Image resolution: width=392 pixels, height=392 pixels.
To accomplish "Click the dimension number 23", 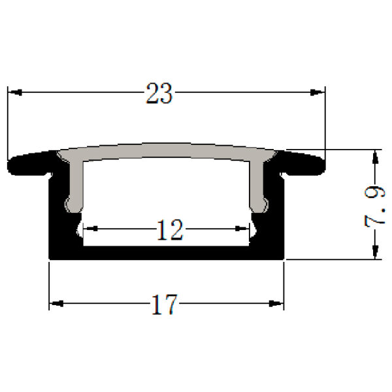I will pos(159,94).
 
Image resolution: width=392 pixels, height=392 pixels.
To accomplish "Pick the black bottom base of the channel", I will pos(167,253).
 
